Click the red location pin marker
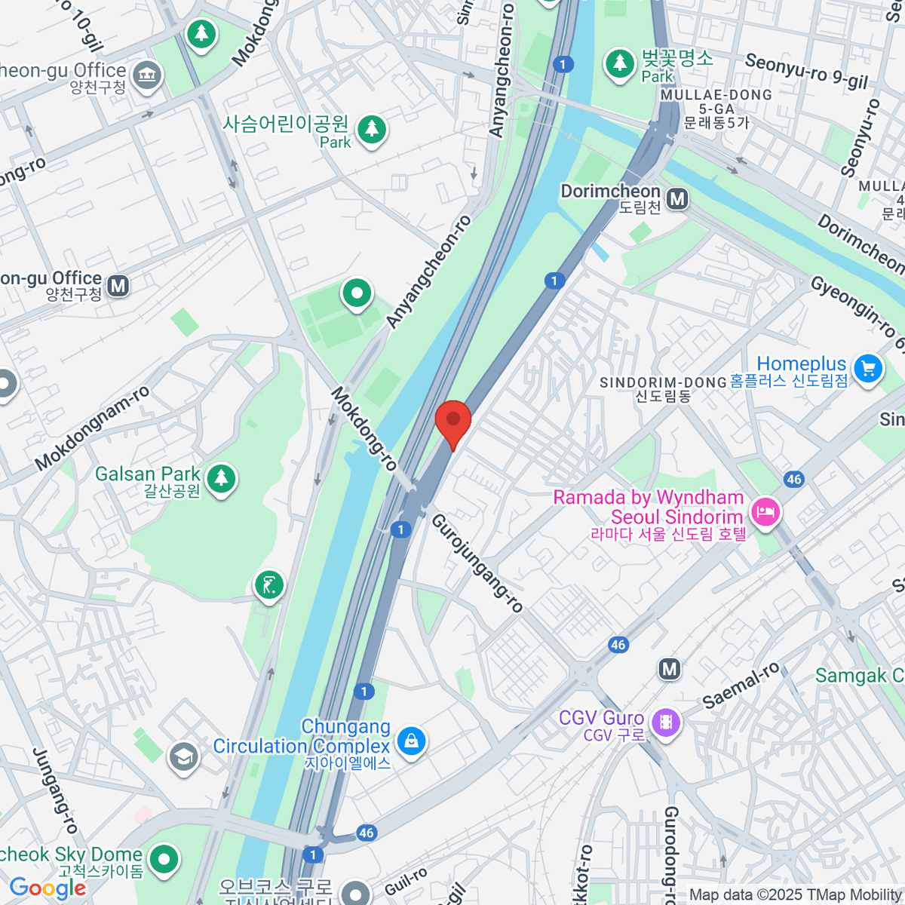(453, 422)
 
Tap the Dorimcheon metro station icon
(678, 199)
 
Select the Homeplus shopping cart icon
(868, 369)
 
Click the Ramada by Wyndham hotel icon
(765, 513)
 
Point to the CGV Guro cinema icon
(666, 722)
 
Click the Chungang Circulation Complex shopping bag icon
(411, 741)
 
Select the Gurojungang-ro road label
(477, 563)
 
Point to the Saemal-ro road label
(741, 686)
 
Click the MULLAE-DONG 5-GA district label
(716, 102)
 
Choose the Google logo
(48, 888)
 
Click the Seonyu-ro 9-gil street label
(806, 71)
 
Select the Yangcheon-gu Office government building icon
(147, 75)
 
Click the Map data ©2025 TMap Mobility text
(795, 895)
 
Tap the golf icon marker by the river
(268, 584)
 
